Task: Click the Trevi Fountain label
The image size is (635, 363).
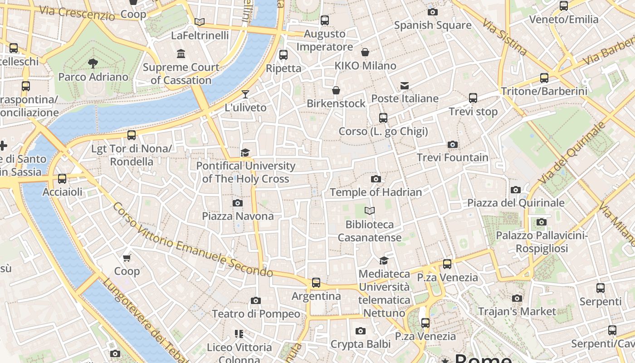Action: [x=452, y=157]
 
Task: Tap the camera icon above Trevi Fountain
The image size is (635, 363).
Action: [x=452, y=145]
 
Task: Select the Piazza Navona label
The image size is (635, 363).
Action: [x=238, y=216]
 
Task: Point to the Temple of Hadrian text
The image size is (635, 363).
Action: [x=376, y=192]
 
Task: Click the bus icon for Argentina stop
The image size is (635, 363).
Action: [x=316, y=283]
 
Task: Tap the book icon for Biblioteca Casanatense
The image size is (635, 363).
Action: [x=370, y=211]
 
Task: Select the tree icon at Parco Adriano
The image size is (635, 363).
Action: [x=93, y=63]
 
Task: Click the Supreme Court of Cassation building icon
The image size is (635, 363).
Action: [x=181, y=54]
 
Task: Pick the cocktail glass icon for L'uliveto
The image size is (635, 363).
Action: [x=245, y=94]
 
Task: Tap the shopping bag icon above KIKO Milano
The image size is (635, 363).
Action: [x=365, y=52]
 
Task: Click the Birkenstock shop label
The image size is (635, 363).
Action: [x=336, y=103]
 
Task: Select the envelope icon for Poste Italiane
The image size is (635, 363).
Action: [x=405, y=86]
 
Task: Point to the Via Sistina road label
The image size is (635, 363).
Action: [x=504, y=37]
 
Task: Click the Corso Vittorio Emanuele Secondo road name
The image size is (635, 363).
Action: [x=192, y=240]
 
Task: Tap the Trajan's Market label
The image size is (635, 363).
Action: [x=517, y=311]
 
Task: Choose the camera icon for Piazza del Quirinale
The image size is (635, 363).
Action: [x=516, y=190]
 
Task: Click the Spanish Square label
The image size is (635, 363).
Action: [x=432, y=25]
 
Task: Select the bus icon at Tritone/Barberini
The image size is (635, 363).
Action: [x=544, y=78]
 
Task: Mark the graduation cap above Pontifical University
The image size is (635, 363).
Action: [x=245, y=152]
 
